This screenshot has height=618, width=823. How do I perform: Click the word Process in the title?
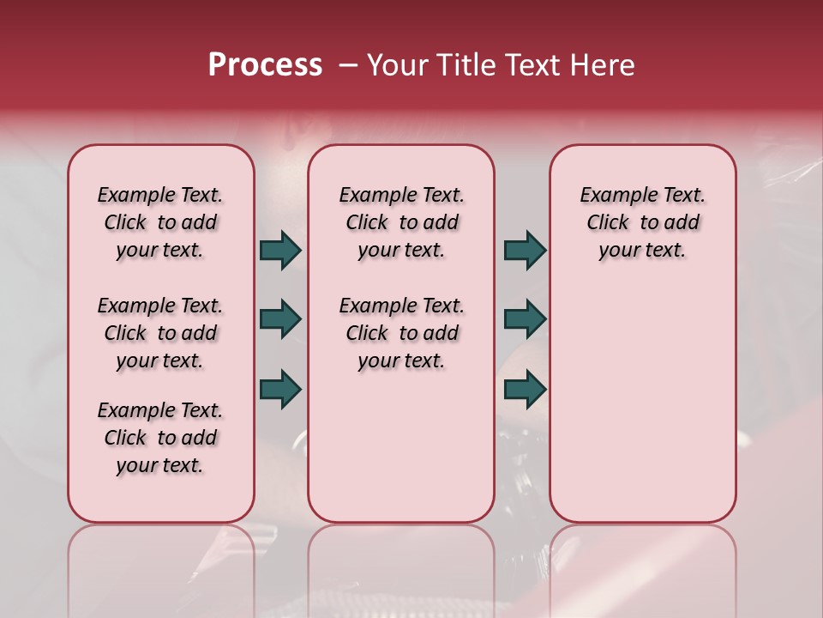265,65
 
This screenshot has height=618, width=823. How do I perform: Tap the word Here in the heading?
602,65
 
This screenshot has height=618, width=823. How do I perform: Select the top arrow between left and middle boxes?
280,250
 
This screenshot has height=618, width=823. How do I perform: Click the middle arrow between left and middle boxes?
280,319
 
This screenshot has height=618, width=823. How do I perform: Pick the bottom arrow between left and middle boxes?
280,389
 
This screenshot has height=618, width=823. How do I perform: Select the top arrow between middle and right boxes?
525,250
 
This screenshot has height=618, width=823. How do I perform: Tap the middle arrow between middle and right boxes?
525,319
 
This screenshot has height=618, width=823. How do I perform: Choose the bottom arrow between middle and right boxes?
525,389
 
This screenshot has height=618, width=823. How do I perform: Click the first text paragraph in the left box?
160,222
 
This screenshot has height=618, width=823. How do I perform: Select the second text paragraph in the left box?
160,333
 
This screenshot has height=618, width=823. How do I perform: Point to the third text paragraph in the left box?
160,438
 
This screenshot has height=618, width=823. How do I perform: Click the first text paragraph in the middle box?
401,222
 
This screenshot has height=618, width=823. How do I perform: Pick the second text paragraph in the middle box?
401,333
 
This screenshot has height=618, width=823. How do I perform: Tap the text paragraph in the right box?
642,222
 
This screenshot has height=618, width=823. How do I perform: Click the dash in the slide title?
348,65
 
